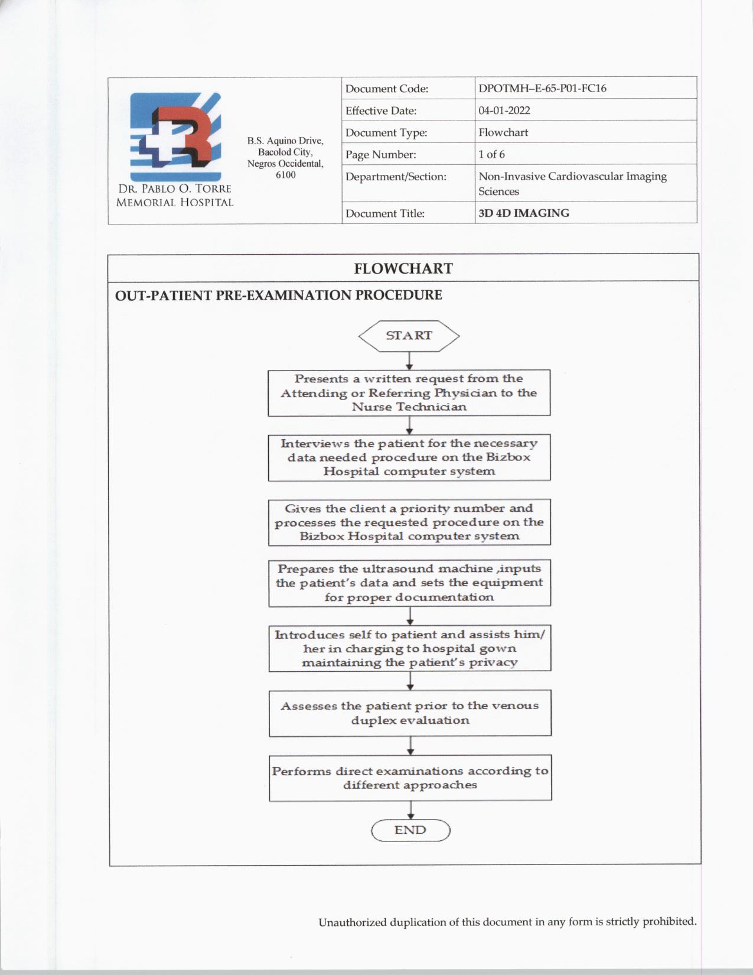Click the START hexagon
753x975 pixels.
click(x=409, y=336)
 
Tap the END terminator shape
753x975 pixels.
click(x=410, y=830)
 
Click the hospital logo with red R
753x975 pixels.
click(x=175, y=137)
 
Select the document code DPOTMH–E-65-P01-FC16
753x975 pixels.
click(x=542, y=89)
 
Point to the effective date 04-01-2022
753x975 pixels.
click(x=504, y=110)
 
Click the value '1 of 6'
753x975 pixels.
click(x=491, y=154)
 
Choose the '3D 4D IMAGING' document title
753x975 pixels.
click(x=524, y=213)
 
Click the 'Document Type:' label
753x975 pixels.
click(x=386, y=132)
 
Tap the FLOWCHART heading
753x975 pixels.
click(x=403, y=268)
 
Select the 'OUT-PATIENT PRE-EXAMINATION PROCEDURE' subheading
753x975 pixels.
click(x=278, y=295)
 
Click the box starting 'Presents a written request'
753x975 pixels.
click(x=409, y=393)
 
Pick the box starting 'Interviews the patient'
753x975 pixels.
click(x=409, y=458)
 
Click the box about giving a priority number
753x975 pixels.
click(x=409, y=522)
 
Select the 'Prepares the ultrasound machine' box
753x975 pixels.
click(x=409, y=583)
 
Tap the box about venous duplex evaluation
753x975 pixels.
click(x=410, y=713)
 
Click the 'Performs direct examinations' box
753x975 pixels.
click(x=410, y=778)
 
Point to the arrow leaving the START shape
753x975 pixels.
click(x=409, y=361)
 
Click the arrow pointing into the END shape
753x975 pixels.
click(x=410, y=810)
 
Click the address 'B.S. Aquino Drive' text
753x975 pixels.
click(x=285, y=141)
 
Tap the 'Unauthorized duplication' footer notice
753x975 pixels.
click(x=507, y=922)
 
